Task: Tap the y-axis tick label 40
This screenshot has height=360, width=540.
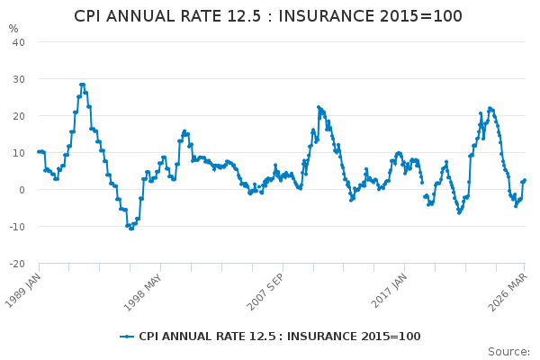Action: [x=19, y=42]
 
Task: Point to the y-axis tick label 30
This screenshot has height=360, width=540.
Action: [x=19, y=79]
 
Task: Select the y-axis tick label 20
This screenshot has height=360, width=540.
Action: [x=19, y=116]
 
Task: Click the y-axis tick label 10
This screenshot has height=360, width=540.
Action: [x=19, y=153]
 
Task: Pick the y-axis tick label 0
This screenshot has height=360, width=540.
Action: [x=22, y=190]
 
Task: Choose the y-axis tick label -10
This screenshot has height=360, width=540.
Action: [x=17, y=227]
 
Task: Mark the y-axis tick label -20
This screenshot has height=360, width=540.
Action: [x=17, y=264]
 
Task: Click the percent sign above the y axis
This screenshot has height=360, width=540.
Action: [x=13, y=29]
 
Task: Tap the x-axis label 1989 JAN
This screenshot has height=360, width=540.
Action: [x=23, y=291]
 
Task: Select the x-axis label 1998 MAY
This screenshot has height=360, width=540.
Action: [x=142, y=292]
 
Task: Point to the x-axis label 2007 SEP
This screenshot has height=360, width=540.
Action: [x=265, y=292]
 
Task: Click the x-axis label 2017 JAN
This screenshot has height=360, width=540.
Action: [x=389, y=291]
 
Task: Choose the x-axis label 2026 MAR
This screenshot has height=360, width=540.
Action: [x=508, y=292]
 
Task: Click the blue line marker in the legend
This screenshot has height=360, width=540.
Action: [x=127, y=337]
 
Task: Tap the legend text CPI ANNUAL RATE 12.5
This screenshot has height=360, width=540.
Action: [x=207, y=337]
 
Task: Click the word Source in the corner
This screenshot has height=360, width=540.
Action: [x=508, y=352]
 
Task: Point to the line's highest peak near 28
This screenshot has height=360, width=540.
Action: [x=82, y=85]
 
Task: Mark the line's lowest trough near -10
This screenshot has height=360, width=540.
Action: [x=130, y=229]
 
